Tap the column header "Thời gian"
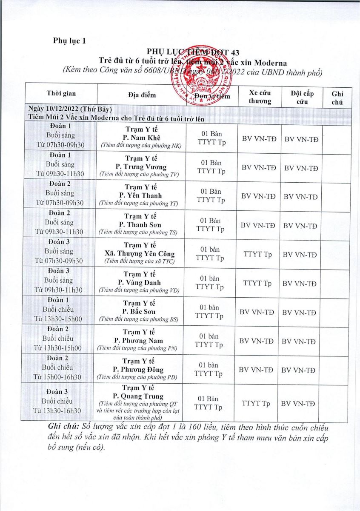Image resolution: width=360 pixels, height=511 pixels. (61, 93)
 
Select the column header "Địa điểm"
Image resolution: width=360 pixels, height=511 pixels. (142, 94)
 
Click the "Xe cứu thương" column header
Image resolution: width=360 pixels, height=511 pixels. (260, 97)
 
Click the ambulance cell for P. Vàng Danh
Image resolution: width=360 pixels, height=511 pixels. (257, 283)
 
